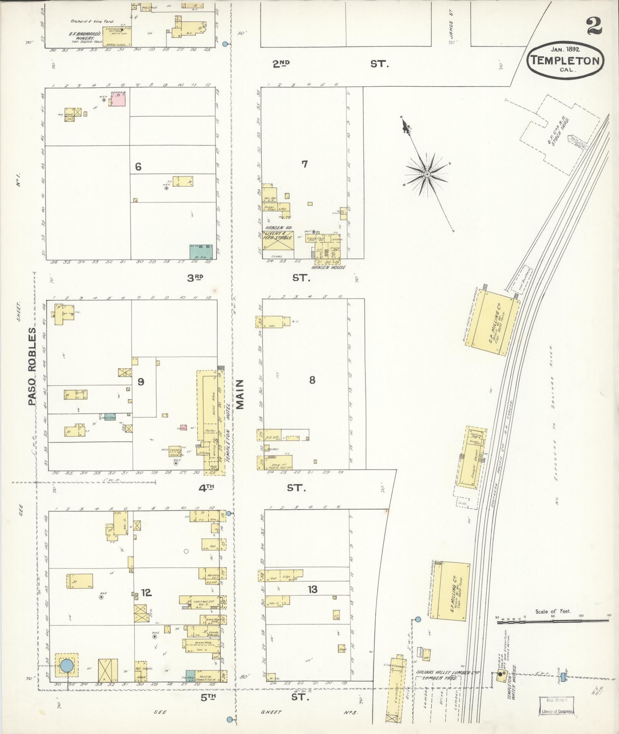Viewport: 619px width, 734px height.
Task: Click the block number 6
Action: [x=138, y=167]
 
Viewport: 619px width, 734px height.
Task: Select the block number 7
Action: [x=304, y=164]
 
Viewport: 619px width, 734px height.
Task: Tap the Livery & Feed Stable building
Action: [x=277, y=241]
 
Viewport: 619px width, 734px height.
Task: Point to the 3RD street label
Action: [x=195, y=278]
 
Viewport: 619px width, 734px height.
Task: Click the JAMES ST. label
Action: [x=451, y=29]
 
